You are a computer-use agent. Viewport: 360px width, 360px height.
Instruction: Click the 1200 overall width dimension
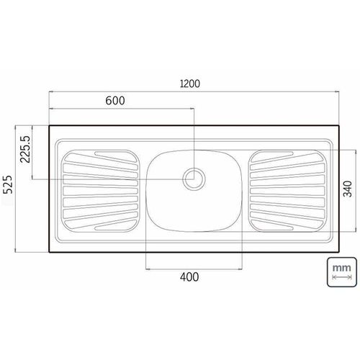pos(189,84)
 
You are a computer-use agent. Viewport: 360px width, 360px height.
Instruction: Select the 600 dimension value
pos(115,101)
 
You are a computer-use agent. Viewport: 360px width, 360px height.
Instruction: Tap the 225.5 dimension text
pos(25,149)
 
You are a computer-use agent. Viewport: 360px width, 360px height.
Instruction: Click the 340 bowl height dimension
pos(348,189)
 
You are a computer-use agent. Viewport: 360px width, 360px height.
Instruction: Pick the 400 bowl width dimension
pos(189,277)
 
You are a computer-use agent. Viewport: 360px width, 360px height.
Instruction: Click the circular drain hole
pos(194,179)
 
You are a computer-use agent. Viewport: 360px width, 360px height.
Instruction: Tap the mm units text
pos(341,268)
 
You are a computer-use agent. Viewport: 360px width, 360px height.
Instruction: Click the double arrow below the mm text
pos(342,277)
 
